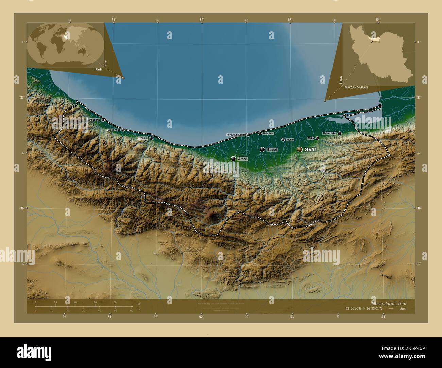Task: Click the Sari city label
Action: (312, 149)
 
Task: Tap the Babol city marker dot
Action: (262, 150)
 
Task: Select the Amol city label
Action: (242, 159)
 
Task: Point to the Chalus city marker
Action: (151, 138)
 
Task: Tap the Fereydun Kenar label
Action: (236, 135)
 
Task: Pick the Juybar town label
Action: (290, 140)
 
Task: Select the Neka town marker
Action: (317, 138)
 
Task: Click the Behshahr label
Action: (329, 133)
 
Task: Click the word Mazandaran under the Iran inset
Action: (356, 87)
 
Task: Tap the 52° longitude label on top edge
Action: (202, 20)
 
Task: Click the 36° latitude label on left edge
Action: (23, 208)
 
